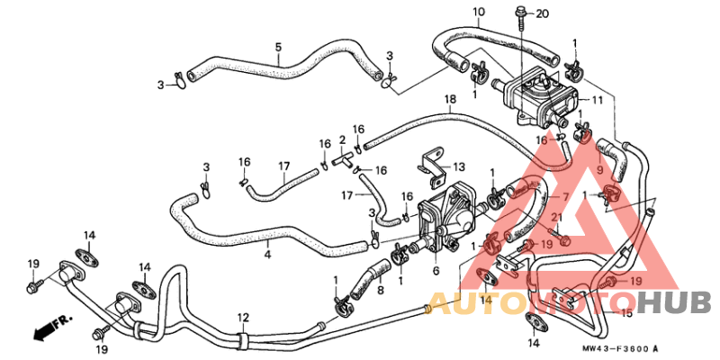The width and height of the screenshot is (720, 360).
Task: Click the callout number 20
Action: click(x=543, y=13)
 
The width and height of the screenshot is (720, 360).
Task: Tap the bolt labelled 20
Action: click(x=523, y=18)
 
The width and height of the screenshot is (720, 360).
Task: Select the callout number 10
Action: click(x=479, y=10)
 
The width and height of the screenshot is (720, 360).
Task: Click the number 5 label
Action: click(x=278, y=47)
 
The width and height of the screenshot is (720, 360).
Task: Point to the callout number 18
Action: click(x=450, y=98)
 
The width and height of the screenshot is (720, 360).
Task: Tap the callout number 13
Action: click(x=459, y=166)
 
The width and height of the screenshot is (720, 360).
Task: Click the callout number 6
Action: click(x=436, y=271)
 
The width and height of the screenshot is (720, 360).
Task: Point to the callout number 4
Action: click(x=267, y=253)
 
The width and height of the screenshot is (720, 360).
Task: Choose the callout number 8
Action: click(x=381, y=290)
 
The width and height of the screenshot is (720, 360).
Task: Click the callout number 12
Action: click(x=243, y=317)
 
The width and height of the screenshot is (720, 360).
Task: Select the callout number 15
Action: click(x=626, y=314)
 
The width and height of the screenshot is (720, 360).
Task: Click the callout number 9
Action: click(x=599, y=170)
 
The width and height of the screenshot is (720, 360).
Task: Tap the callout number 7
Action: click(x=565, y=196)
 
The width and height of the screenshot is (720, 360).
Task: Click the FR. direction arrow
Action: click(x=51, y=327)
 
